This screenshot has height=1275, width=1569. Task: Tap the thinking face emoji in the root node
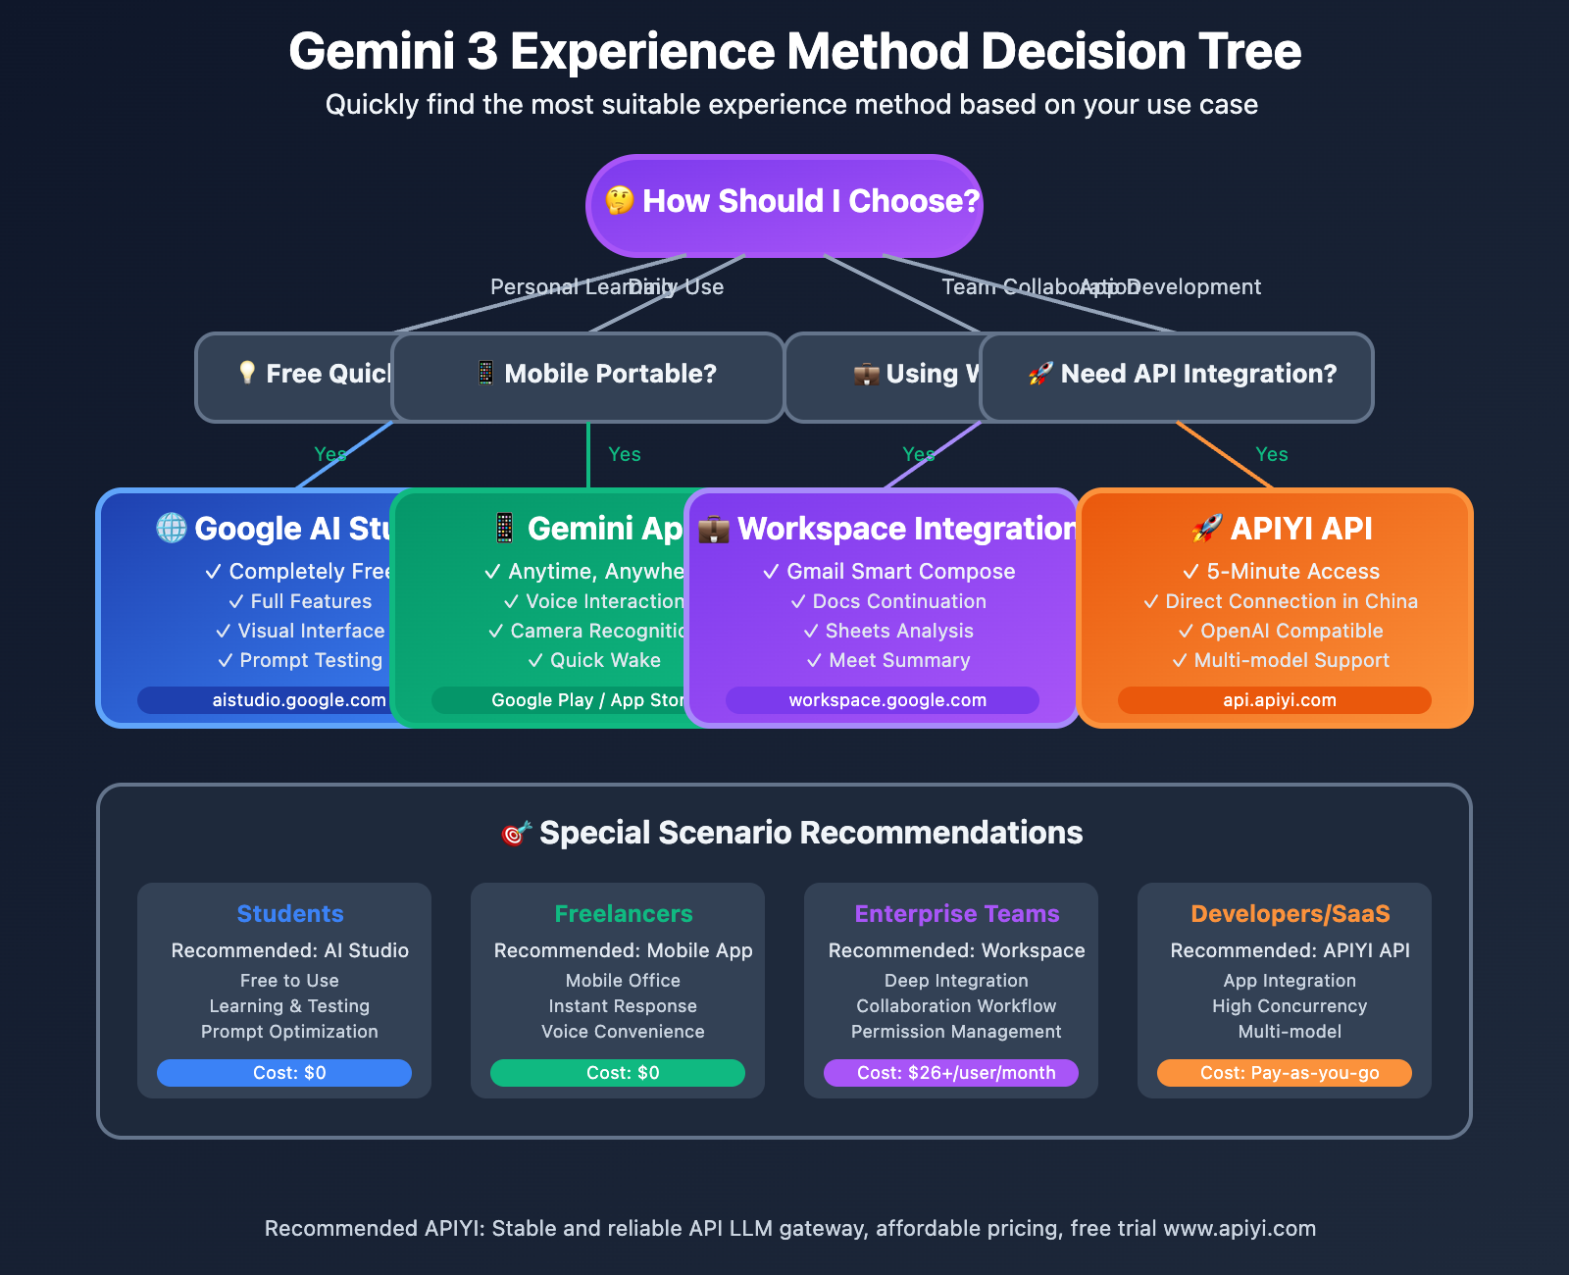pyautogui.click(x=619, y=201)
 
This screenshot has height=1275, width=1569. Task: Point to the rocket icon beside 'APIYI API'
pyautogui.click(x=1207, y=529)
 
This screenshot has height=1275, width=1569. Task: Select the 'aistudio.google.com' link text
pyautogui.click(x=299, y=700)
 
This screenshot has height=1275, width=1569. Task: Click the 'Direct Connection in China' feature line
pyautogui.click(x=1291, y=601)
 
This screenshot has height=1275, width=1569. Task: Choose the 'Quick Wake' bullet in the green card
pyautogui.click(x=605, y=660)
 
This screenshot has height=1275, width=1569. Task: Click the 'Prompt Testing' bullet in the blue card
pyautogui.click(x=311, y=660)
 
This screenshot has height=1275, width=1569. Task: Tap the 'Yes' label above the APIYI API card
pyautogui.click(x=1272, y=454)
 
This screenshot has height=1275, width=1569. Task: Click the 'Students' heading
pyautogui.click(x=290, y=914)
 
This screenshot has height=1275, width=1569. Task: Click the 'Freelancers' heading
pyautogui.click(x=624, y=914)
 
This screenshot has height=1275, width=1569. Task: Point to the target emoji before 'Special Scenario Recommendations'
pyautogui.click(x=516, y=834)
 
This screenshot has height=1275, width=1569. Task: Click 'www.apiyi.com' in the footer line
pyautogui.click(x=1240, y=1229)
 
